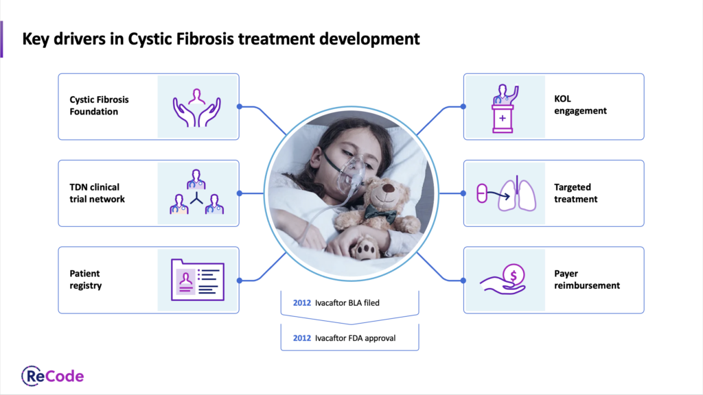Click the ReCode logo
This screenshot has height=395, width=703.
[52, 376]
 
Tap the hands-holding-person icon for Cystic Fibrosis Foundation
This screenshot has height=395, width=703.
[197, 108]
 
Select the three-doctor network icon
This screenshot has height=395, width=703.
[196, 192]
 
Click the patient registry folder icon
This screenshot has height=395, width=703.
[197, 280]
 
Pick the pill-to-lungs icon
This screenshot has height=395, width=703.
[506, 193]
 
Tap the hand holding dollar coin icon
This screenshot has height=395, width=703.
[503, 279]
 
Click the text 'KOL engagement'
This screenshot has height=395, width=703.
[580, 105]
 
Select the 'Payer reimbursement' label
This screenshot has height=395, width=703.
[587, 280]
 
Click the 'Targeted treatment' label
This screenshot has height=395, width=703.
[576, 193]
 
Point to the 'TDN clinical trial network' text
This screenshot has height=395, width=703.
[97, 193]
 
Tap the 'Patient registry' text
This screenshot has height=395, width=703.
[86, 280]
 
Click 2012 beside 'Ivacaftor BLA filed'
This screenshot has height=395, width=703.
[302, 302]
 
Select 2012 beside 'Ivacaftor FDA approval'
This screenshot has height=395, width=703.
[302, 338]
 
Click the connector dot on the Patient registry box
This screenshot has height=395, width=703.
[240, 280]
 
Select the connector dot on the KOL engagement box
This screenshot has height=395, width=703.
[463, 106]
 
